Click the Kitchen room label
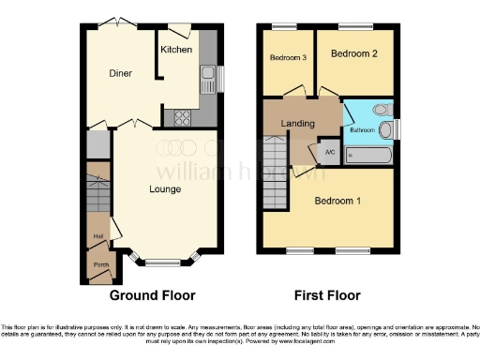click(x=176, y=49)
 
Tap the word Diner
click(x=118, y=73)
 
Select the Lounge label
click(x=165, y=189)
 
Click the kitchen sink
click(x=207, y=74)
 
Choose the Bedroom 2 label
click(x=354, y=53)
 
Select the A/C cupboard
click(x=329, y=152)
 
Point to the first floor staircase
click(x=275, y=173)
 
